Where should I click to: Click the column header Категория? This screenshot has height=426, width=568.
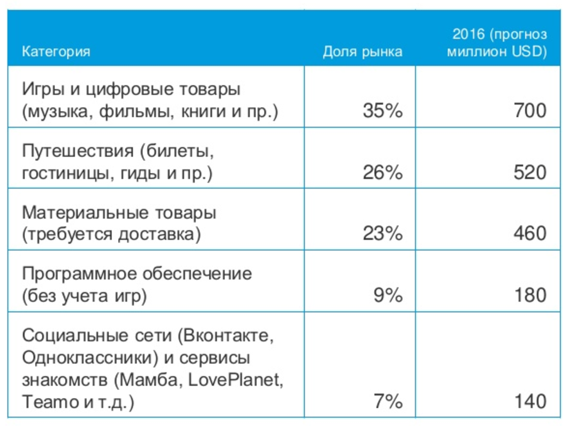[x=56, y=51]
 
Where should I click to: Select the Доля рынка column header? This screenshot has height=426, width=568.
[x=362, y=51]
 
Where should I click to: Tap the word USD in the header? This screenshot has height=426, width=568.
[x=527, y=51]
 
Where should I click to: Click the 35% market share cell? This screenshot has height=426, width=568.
[x=383, y=111]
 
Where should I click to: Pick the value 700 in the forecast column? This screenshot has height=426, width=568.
[x=530, y=111]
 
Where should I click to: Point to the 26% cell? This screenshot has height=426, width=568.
[x=383, y=172]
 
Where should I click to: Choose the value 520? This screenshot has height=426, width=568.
[x=530, y=172]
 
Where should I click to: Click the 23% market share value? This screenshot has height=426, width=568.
[x=383, y=233]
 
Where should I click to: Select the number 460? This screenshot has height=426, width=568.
[x=530, y=233]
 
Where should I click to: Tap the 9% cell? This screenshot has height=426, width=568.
[x=388, y=295]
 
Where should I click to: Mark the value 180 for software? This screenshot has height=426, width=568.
[x=530, y=295]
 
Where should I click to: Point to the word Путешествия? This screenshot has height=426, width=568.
[x=77, y=150]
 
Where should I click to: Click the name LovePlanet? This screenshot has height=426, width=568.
[x=236, y=380]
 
